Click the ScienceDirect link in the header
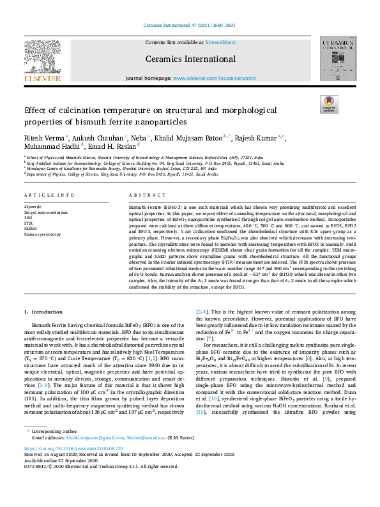pos(220,42)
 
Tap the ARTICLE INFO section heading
pos(48,195)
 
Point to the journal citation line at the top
pos(190,26)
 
